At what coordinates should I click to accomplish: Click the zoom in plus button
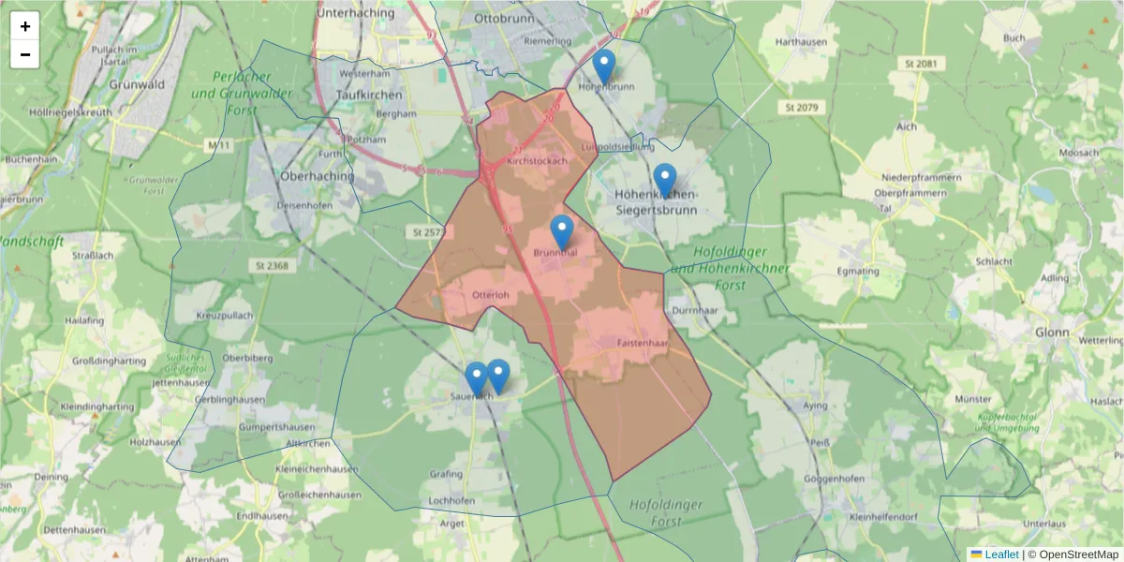click(x=25, y=26)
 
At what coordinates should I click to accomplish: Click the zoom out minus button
click(x=25, y=54)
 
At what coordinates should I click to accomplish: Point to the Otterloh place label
click(x=491, y=295)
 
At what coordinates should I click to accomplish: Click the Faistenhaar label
click(x=642, y=344)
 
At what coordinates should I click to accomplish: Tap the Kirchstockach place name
click(x=537, y=161)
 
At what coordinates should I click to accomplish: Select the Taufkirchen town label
click(x=369, y=95)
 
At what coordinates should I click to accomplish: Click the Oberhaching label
click(x=318, y=176)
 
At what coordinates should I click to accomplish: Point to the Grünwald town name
click(x=137, y=84)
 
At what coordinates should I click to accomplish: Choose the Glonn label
click(x=1054, y=332)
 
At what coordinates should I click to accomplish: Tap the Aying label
click(x=816, y=407)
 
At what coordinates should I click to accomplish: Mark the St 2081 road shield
click(x=922, y=64)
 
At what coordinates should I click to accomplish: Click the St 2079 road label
click(x=802, y=109)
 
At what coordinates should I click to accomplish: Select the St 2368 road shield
click(x=271, y=266)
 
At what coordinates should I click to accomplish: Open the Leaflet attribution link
click(x=1000, y=555)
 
